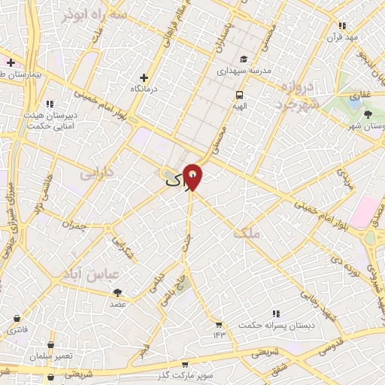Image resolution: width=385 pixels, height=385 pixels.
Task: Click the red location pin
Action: coord(193,175)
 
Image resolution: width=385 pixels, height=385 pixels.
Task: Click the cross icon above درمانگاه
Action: coord(144,77)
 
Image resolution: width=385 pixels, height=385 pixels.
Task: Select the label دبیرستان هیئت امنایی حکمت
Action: coord(50,120)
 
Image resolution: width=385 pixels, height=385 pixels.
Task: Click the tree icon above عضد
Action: coord(119,293)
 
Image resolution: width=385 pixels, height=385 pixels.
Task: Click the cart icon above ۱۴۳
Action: coord(219,325)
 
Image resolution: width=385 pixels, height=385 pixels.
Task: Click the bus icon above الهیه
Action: coord(239,95)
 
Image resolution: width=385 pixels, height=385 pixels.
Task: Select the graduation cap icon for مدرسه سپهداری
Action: coord(243,59)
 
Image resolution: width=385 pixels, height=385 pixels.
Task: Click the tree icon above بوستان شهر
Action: coord(368,114)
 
